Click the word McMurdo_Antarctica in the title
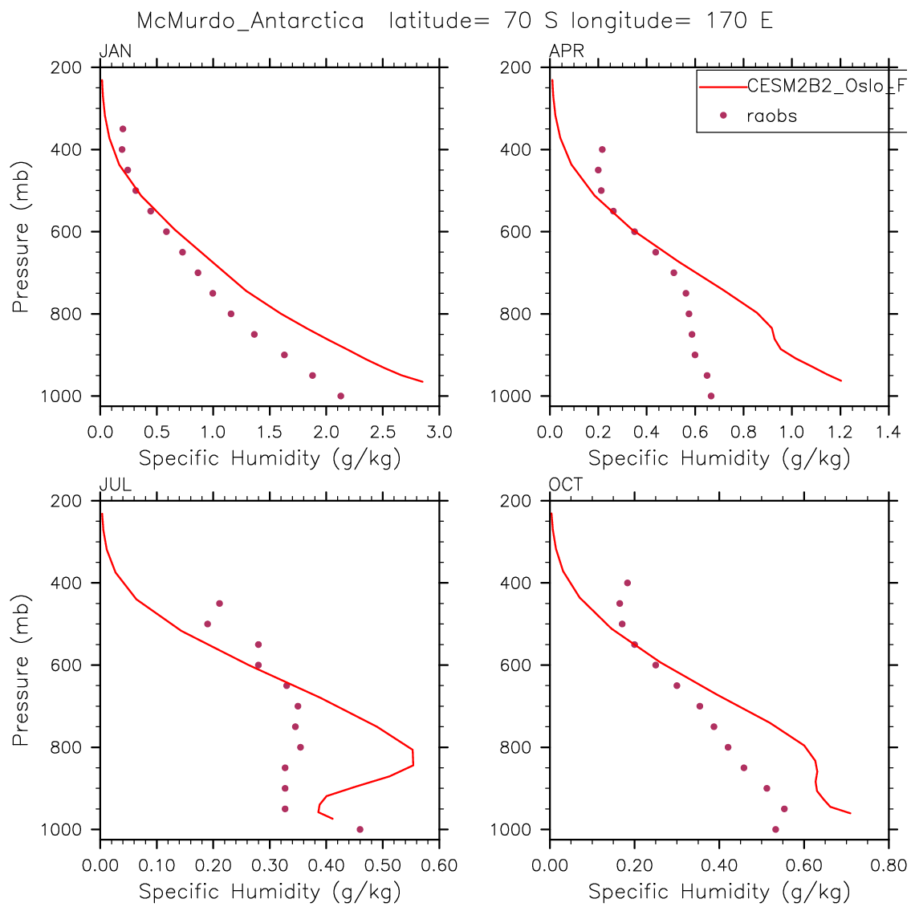click(x=250, y=21)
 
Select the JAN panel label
click(x=115, y=52)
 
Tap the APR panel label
click(x=566, y=52)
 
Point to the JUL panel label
click(x=115, y=485)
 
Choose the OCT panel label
click(x=566, y=485)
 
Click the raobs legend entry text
click(x=771, y=116)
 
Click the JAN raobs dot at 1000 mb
click(x=340, y=396)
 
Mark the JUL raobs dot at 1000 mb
click(x=360, y=829)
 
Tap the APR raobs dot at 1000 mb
click(x=710, y=396)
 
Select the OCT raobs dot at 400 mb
click(x=628, y=583)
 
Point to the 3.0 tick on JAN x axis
click(x=438, y=433)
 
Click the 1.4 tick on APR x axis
click(x=889, y=433)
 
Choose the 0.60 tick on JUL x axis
click(x=438, y=866)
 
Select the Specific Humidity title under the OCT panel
click(x=718, y=891)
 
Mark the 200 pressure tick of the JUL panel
click(x=68, y=501)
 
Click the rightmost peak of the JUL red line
click(x=413, y=765)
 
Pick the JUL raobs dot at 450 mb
click(x=219, y=603)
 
